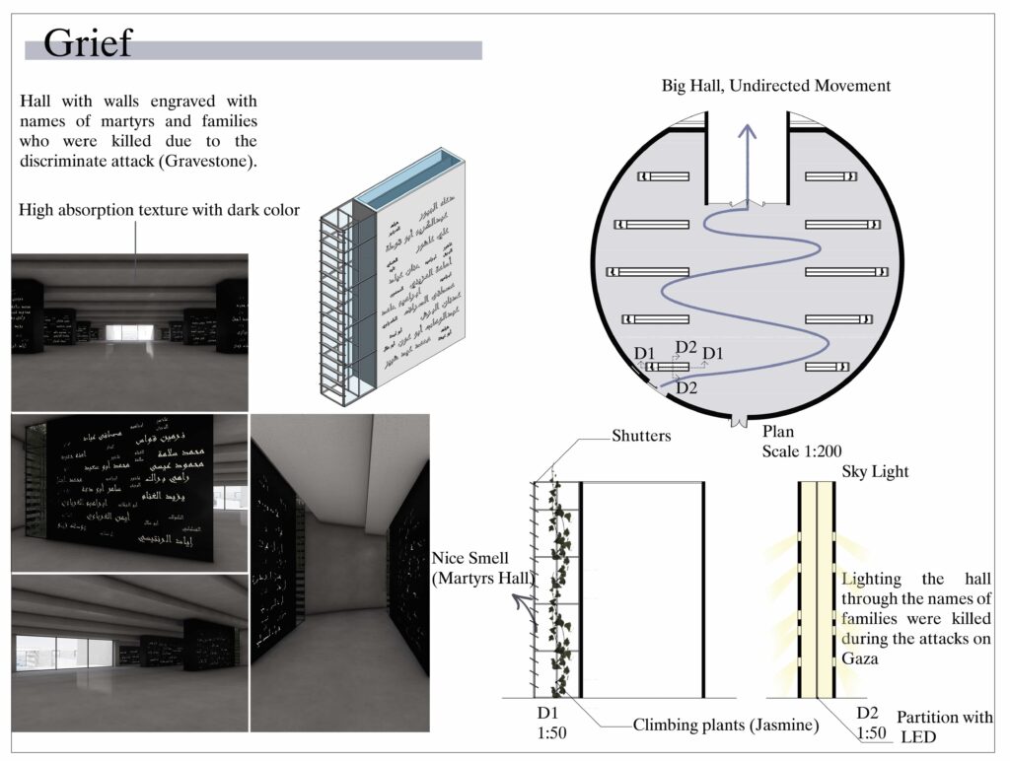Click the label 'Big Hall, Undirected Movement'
point(775,86)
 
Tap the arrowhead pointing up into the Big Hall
point(748,132)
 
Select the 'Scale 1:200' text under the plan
point(802,450)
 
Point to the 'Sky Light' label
point(875,472)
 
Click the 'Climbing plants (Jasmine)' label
point(726,726)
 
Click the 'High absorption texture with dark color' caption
point(160,208)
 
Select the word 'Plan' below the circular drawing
point(777,432)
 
